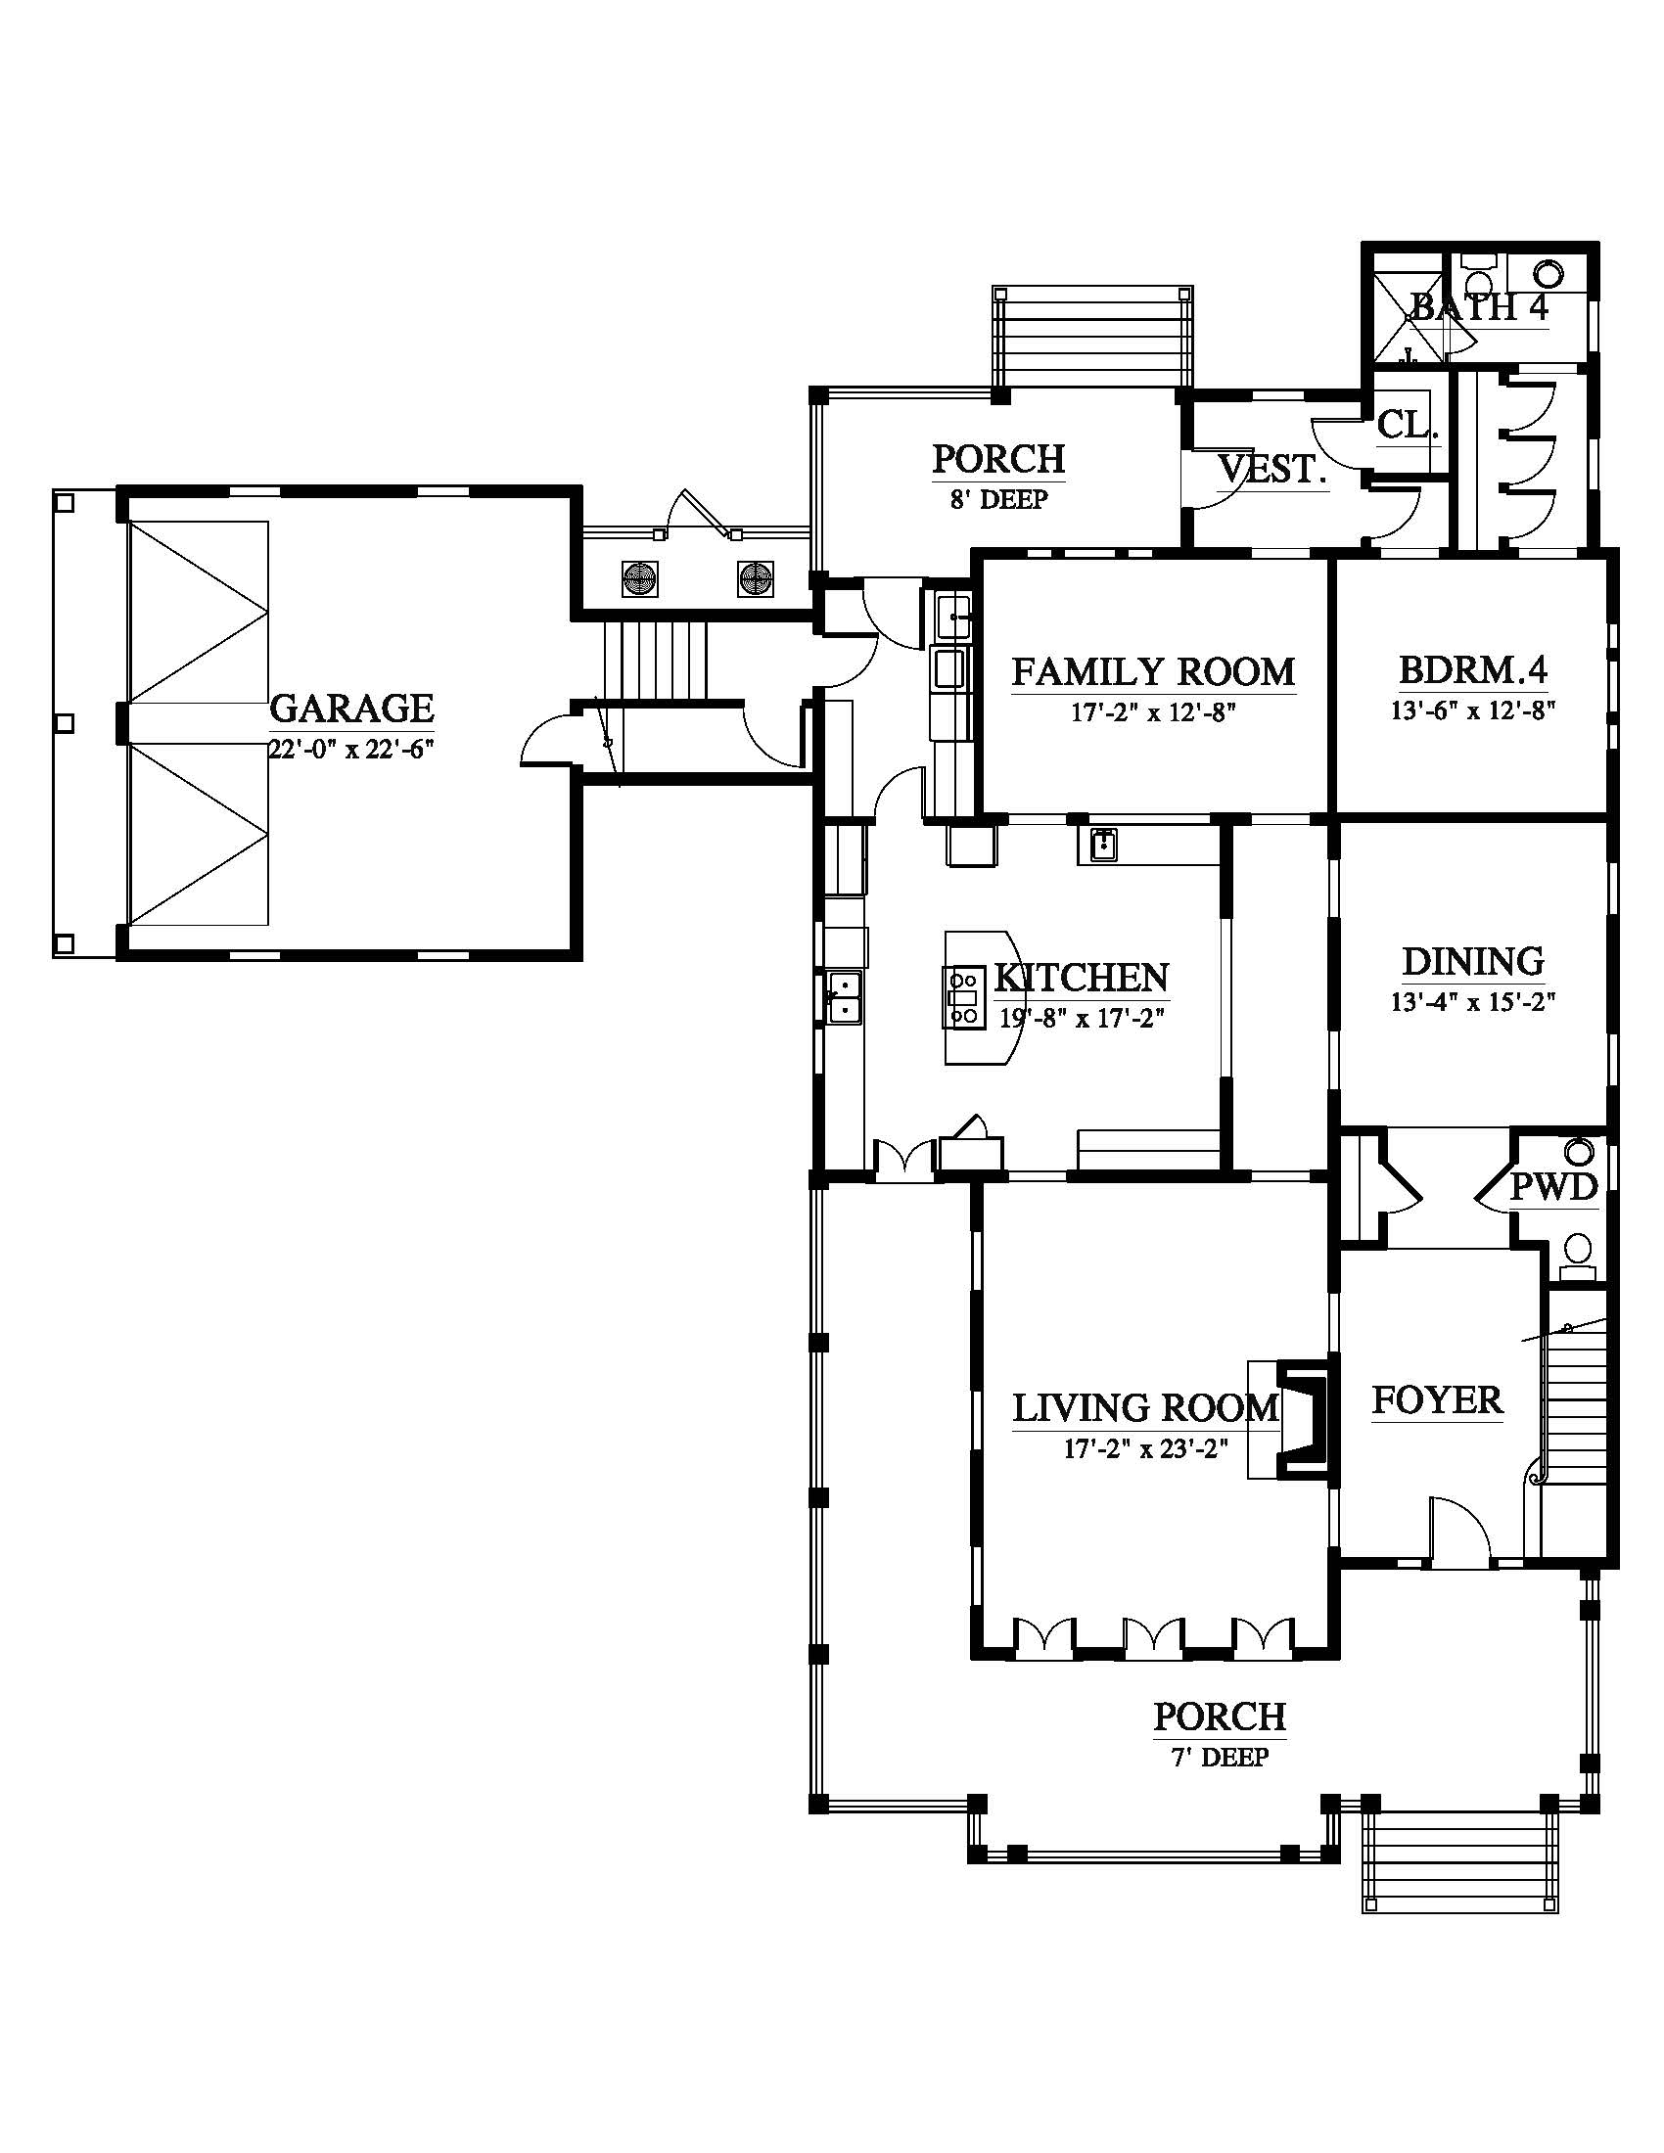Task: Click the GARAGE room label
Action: tap(351, 709)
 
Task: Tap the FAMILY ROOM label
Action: tap(1153, 672)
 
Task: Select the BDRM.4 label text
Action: tap(1473, 671)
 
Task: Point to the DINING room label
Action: tap(1473, 961)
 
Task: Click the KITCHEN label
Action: tap(1082, 978)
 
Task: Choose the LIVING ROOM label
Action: tap(1145, 1408)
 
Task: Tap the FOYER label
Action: tap(1437, 1399)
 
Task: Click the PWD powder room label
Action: tap(1553, 1187)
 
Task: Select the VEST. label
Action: tap(1272, 469)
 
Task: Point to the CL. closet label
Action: tap(1408, 425)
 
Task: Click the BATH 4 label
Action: tap(1480, 307)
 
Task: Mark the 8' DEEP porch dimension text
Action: tap(998, 500)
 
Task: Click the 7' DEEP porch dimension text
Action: tap(1221, 1758)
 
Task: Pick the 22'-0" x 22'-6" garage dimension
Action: tap(351, 749)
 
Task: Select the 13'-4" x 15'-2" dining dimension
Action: tap(1473, 1002)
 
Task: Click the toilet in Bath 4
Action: tap(1548, 271)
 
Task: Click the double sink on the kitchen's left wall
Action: tap(844, 996)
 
